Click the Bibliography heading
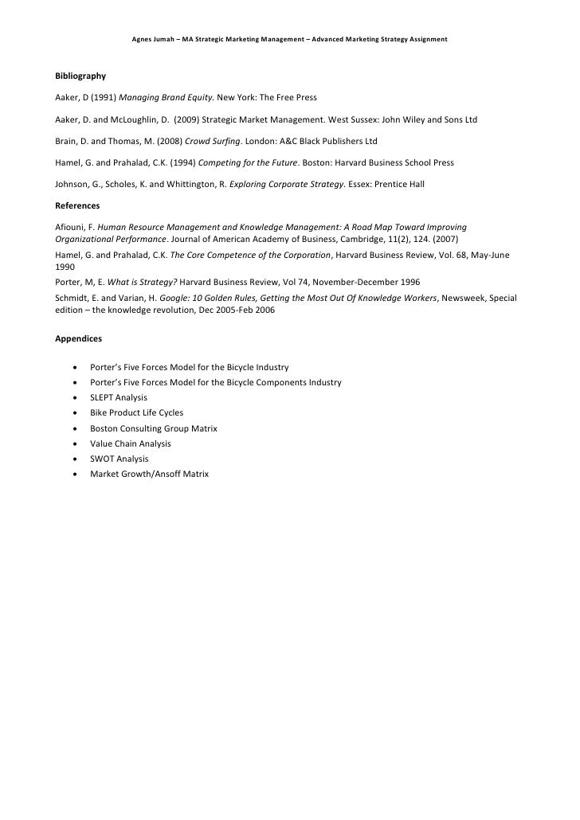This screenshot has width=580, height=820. [x=80, y=76]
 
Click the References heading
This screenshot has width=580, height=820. [x=77, y=205]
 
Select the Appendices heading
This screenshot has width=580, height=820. [x=78, y=338]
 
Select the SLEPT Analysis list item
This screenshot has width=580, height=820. [x=119, y=397]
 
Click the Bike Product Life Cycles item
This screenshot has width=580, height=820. [x=136, y=412]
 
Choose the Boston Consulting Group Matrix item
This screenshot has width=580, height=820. [x=154, y=428]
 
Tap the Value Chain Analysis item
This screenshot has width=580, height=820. [x=131, y=443]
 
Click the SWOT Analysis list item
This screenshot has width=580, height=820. [x=119, y=459]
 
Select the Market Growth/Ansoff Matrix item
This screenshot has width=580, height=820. [x=149, y=474]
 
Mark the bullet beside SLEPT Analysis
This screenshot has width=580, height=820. [x=74, y=397]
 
